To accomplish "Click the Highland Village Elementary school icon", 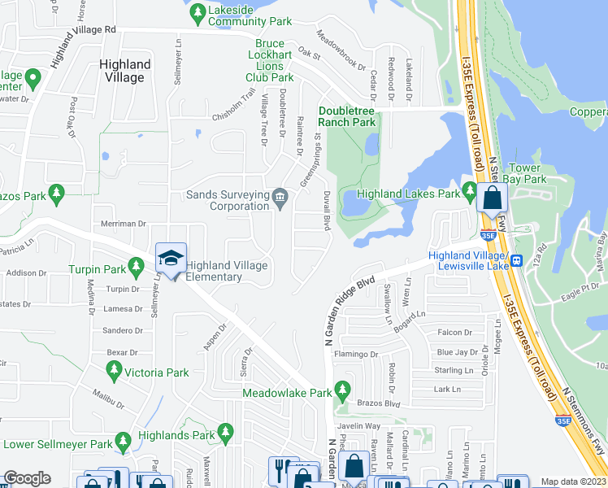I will pos(171,259).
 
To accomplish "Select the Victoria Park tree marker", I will pos(112,373).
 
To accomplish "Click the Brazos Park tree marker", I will pos(56,194).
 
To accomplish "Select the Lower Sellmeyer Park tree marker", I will pos(123,442).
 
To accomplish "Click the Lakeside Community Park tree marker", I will pos(196,11).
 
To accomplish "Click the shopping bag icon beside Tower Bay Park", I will pos(493,198).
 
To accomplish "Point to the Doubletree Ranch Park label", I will pos(347,116).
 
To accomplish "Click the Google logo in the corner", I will pos(27,478).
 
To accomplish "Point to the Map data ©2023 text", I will pos(573,481).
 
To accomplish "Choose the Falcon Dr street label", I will pos(454,333).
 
